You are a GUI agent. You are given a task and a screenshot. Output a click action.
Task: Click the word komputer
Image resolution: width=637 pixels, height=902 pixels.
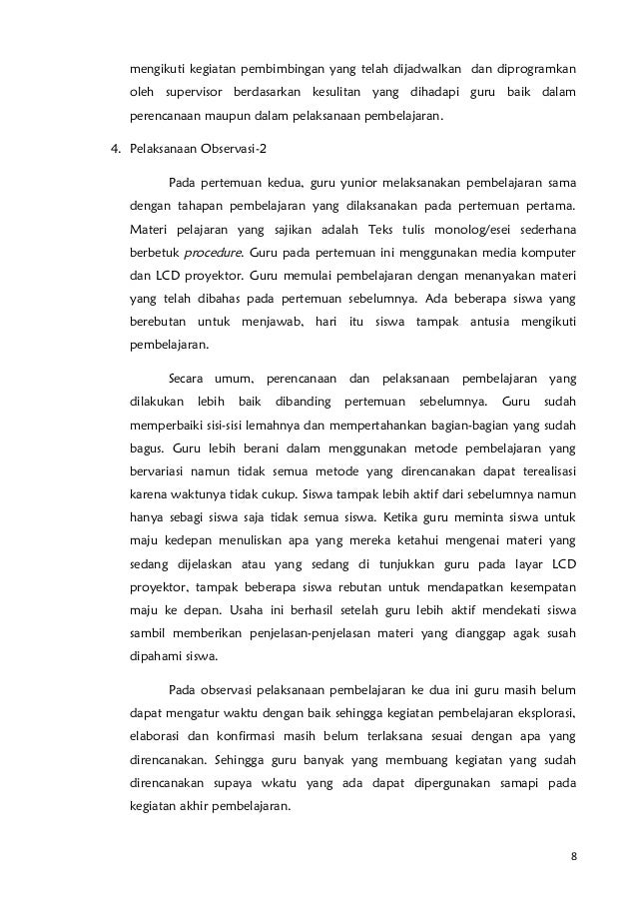point(547,253)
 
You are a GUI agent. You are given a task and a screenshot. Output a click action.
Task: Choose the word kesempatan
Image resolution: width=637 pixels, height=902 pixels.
point(542,586)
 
